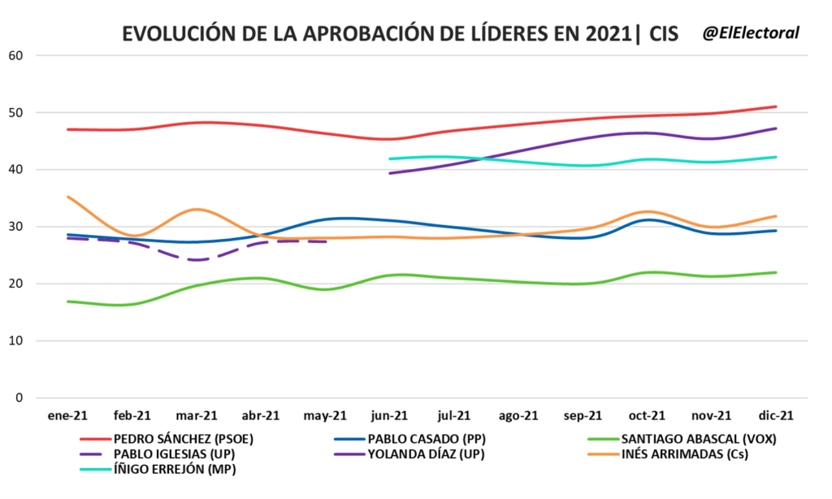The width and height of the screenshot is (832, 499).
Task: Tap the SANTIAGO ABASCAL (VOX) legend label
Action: pos(692,439)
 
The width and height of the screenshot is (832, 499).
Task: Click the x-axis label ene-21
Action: pos(67,415)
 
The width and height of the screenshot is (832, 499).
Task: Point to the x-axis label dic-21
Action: pos(775,415)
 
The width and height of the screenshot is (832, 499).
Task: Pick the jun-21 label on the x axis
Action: pos(389,415)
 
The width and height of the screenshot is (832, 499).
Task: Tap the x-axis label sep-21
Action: pos(583,415)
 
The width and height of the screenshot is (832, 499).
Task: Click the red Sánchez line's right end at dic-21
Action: pos(776,106)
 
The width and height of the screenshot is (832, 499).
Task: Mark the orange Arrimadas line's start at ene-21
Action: pos(67,197)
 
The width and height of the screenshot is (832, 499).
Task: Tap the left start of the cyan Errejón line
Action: pos(390,158)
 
